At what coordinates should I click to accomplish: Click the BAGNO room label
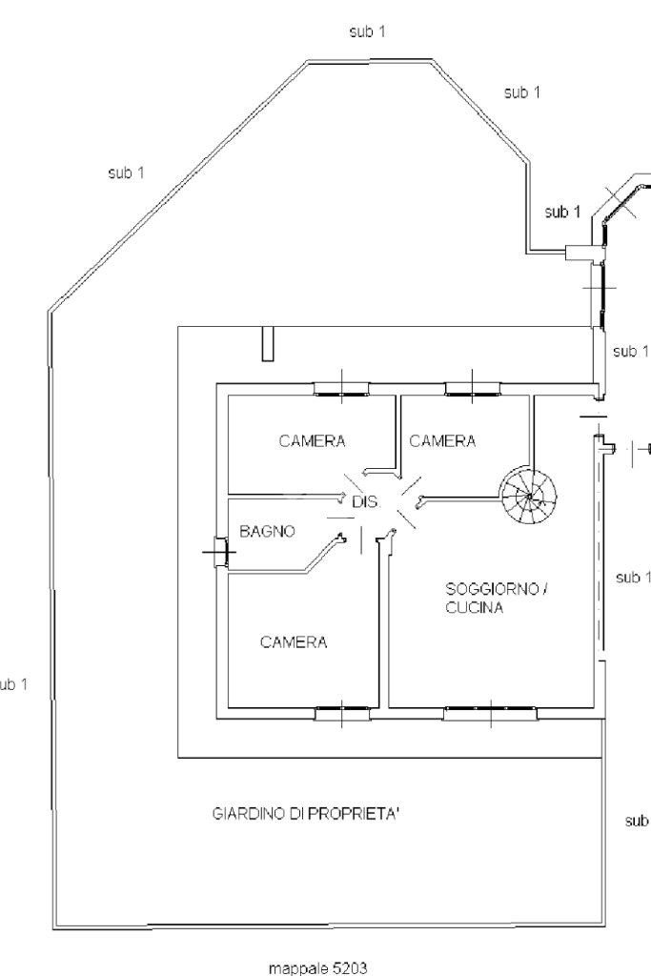pos(267,532)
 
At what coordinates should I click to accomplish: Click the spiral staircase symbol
pos(530,494)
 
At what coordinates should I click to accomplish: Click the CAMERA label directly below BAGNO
pos(294,642)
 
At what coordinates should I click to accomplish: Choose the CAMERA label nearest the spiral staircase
pos(442,441)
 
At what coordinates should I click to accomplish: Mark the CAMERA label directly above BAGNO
pos(312,441)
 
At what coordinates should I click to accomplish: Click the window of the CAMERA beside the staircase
pos(471,387)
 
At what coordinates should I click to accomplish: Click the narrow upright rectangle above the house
pos(268,343)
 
